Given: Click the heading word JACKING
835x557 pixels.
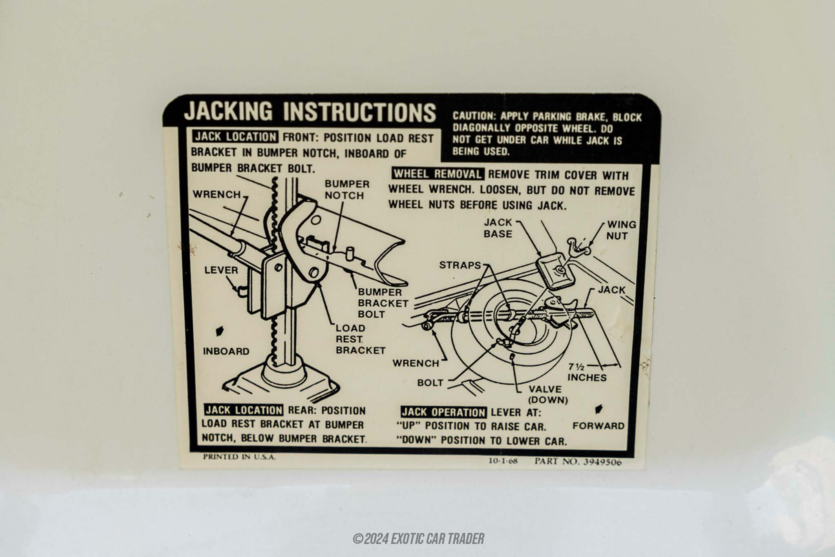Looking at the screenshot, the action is point(228,111).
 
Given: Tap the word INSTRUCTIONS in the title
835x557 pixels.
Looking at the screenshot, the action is point(360,112).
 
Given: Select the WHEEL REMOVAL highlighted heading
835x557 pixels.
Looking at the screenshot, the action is point(437,174).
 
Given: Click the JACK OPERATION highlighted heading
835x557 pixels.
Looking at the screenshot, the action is point(444,412).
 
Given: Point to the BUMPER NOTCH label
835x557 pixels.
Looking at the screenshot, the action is point(347,190).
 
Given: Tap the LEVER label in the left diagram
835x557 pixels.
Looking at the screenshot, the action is point(221,270).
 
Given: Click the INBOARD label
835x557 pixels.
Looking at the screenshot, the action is point(226,351).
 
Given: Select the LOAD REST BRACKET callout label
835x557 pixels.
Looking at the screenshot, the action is point(360,339).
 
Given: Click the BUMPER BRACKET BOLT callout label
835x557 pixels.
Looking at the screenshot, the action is point(383,303).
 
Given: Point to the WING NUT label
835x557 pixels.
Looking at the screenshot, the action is point(621,230).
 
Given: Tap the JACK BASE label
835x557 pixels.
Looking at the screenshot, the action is point(498,228).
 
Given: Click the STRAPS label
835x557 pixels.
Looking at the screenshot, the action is point(460,265).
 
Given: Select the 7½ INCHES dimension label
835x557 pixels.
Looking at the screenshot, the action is point(587,372).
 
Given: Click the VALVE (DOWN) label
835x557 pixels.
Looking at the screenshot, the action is point(548,394).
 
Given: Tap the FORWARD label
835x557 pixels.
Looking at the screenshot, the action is point(598,426).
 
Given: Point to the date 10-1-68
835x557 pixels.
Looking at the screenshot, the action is point(503,461).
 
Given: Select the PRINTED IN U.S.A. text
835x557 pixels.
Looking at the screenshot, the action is point(239,457).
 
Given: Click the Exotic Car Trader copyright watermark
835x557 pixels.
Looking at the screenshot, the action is point(419,539).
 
